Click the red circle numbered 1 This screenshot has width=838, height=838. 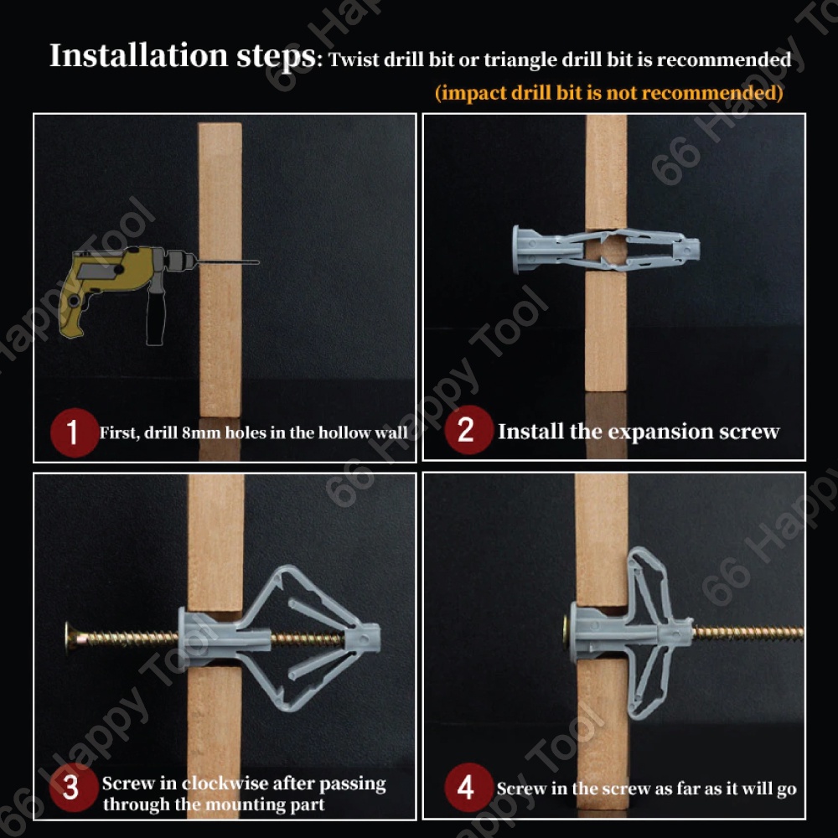(75, 432)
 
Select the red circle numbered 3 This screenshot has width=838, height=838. (73, 787)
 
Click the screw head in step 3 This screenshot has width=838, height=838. (70, 638)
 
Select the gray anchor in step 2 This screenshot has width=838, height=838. (606, 250)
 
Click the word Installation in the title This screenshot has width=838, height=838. (139, 55)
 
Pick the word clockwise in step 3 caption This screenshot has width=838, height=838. (225, 783)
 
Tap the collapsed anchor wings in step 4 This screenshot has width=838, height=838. (649, 634)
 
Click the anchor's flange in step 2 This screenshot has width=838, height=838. (516, 250)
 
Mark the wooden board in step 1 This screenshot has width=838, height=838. (220, 270)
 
